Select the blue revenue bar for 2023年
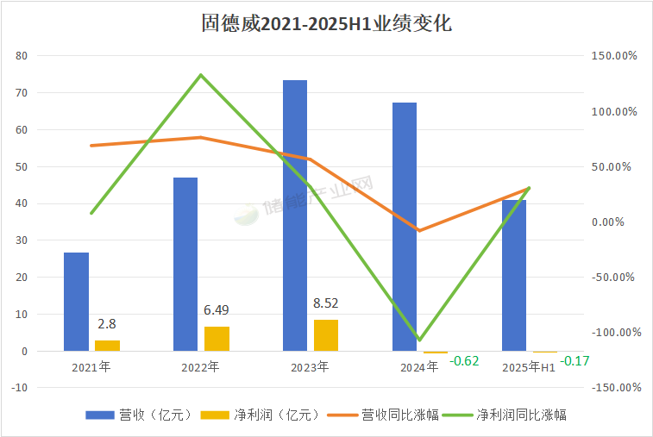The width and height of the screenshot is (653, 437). pyautogui.click(x=295, y=215)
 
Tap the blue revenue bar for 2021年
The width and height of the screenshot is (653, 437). pyautogui.click(x=76, y=302)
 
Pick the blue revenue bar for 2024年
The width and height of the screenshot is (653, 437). pyautogui.click(x=405, y=227)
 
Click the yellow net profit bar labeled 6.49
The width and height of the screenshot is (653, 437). pyautogui.click(x=217, y=339)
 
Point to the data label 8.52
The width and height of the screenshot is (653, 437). pyautogui.click(x=326, y=303)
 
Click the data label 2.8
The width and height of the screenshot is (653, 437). pyautogui.click(x=107, y=324)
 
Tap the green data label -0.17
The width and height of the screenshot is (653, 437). pyautogui.click(x=575, y=360)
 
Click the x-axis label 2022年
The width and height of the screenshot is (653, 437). pyautogui.click(x=201, y=367)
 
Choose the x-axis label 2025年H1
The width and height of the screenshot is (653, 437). pyautogui.click(x=529, y=367)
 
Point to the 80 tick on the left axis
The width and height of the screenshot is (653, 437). pyautogui.click(x=22, y=56)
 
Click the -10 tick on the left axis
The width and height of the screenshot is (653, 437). pyautogui.click(x=21, y=388)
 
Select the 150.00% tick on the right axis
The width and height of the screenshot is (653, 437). pyautogui.click(x=614, y=56)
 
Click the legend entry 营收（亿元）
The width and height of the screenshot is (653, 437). pyautogui.click(x=138, y=415)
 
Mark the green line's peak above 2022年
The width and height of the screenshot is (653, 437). pyautogui.click(x=201, y=75)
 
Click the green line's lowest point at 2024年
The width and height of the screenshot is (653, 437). pyautogui.click(x=420, y=340)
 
